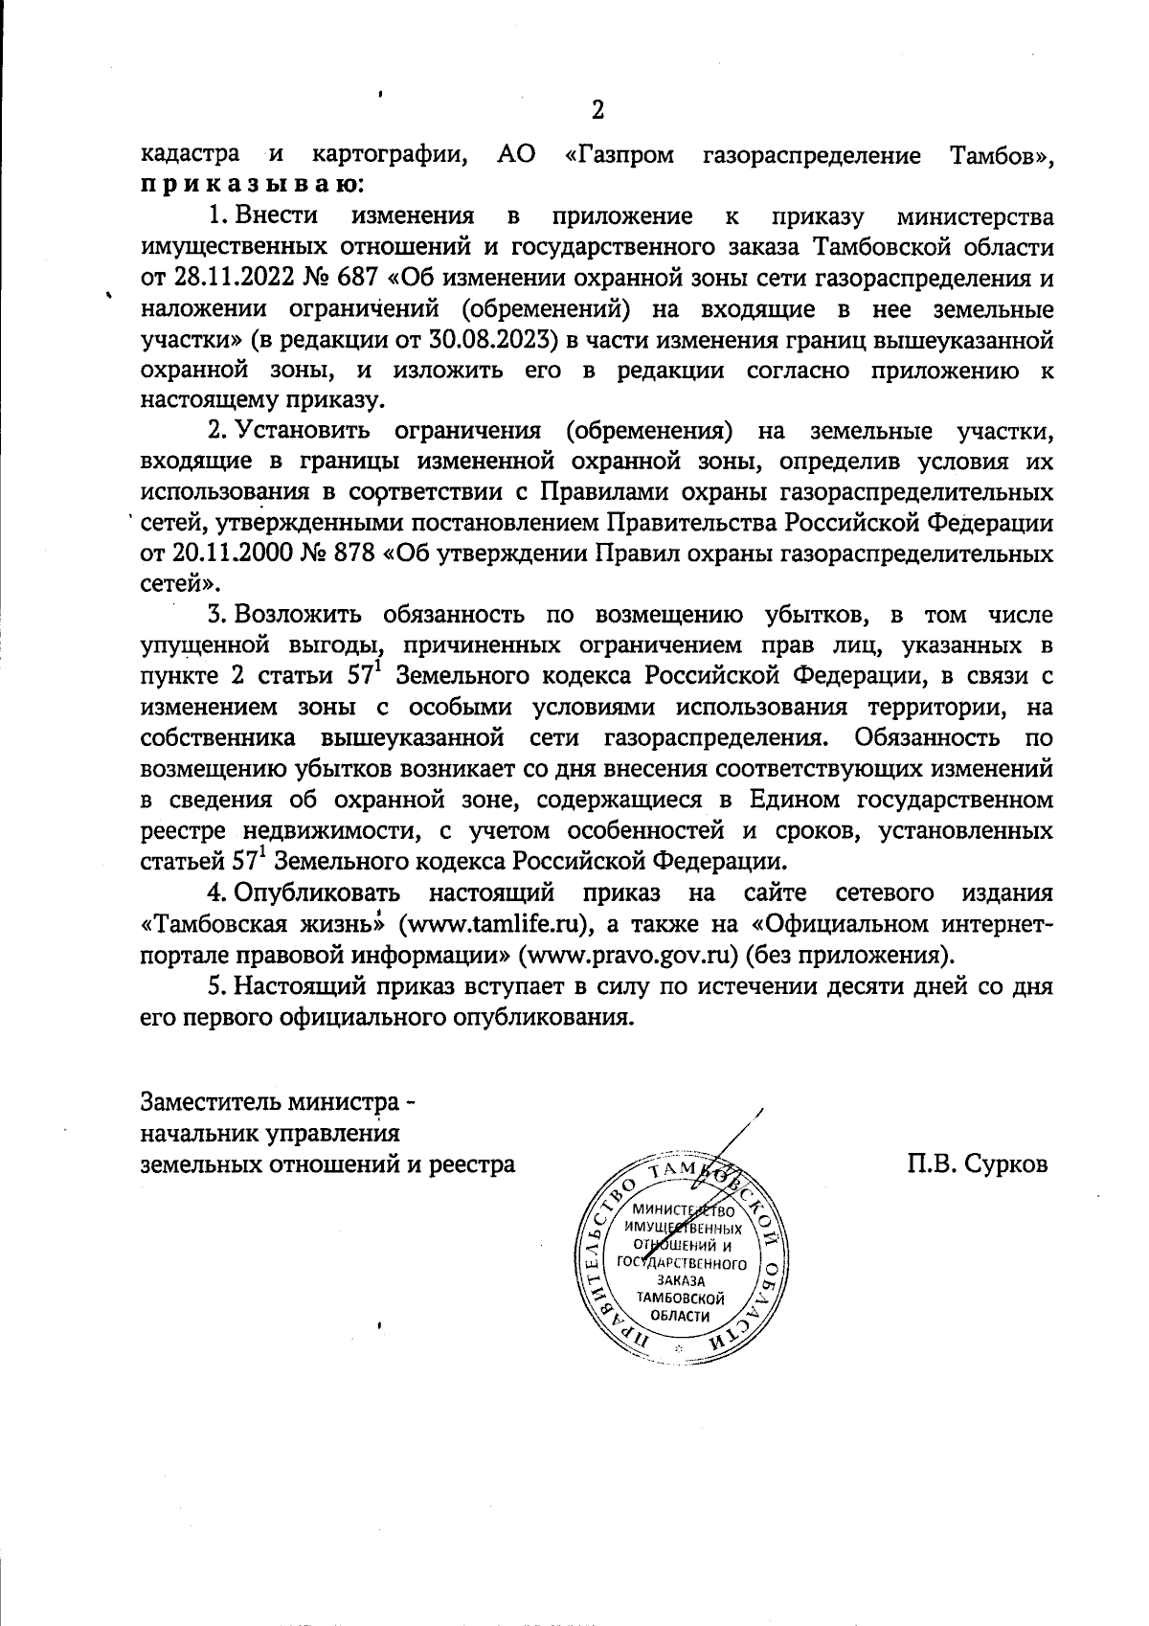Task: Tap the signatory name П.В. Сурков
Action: click(979, 1164)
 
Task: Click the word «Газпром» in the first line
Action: click(620, 154)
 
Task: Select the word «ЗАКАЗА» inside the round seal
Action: click(680, 1280)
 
